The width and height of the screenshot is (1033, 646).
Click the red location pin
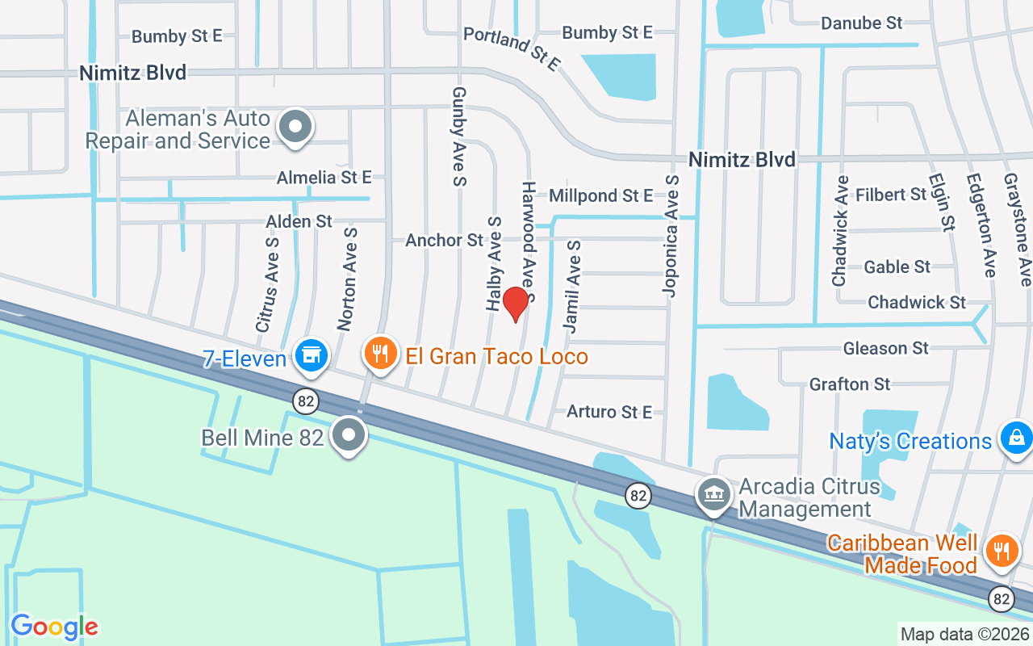(x=515, y=303)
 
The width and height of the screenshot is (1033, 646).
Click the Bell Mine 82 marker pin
(x=349, y=434)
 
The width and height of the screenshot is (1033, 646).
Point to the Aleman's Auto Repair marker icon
(x=295, y=128)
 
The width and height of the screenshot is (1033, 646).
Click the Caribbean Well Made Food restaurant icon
(x=1002, y=551)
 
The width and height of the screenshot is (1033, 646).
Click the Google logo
(x=55, y=627)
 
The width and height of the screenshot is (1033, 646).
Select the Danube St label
(x=861, y=23)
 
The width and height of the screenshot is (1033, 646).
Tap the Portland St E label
(x=511, y=49)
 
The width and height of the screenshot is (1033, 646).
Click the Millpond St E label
(x=600, y=195)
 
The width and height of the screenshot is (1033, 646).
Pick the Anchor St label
(x=444, y=240)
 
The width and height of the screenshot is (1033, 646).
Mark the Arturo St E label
(x=609, y=412)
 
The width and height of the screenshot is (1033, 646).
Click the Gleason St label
(x=885, y=348)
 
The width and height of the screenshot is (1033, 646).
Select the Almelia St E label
(x=324, y=177)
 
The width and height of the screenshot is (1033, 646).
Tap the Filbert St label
(x=891, y=195)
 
